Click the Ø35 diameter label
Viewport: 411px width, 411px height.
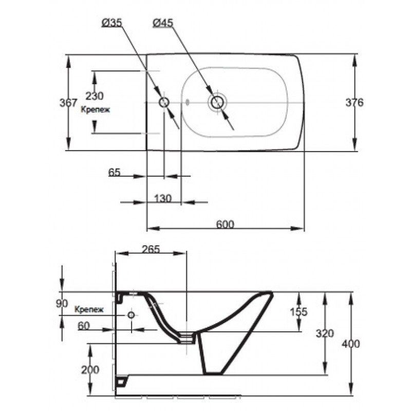[112, 23]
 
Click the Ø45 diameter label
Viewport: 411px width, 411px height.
[163, 23]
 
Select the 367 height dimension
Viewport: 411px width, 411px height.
[68, 102]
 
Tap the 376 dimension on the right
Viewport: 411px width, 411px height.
[354, 102]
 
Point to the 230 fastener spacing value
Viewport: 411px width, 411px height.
[95, 96]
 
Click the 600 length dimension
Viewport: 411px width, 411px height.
[225, 225]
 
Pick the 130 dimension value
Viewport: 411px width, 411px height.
[163, 198]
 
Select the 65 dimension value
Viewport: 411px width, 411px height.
[114, 172]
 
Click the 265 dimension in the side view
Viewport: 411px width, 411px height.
[151, 249]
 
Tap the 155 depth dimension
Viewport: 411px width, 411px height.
[298, 312]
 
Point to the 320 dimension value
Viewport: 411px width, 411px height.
[325, 333]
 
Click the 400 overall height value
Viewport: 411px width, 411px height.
[351, 344]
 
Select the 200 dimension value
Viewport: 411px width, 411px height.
[90, 370]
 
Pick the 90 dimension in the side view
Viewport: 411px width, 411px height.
[62, 304]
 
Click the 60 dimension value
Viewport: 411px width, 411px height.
[84, 326]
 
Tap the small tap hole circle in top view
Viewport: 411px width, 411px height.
[164, 102]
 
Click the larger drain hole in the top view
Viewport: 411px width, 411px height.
[217, 102]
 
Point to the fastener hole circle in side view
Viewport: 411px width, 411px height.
[131, 315]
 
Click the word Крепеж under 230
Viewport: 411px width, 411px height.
[95, 109]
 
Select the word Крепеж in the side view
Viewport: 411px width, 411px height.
[89, 309]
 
